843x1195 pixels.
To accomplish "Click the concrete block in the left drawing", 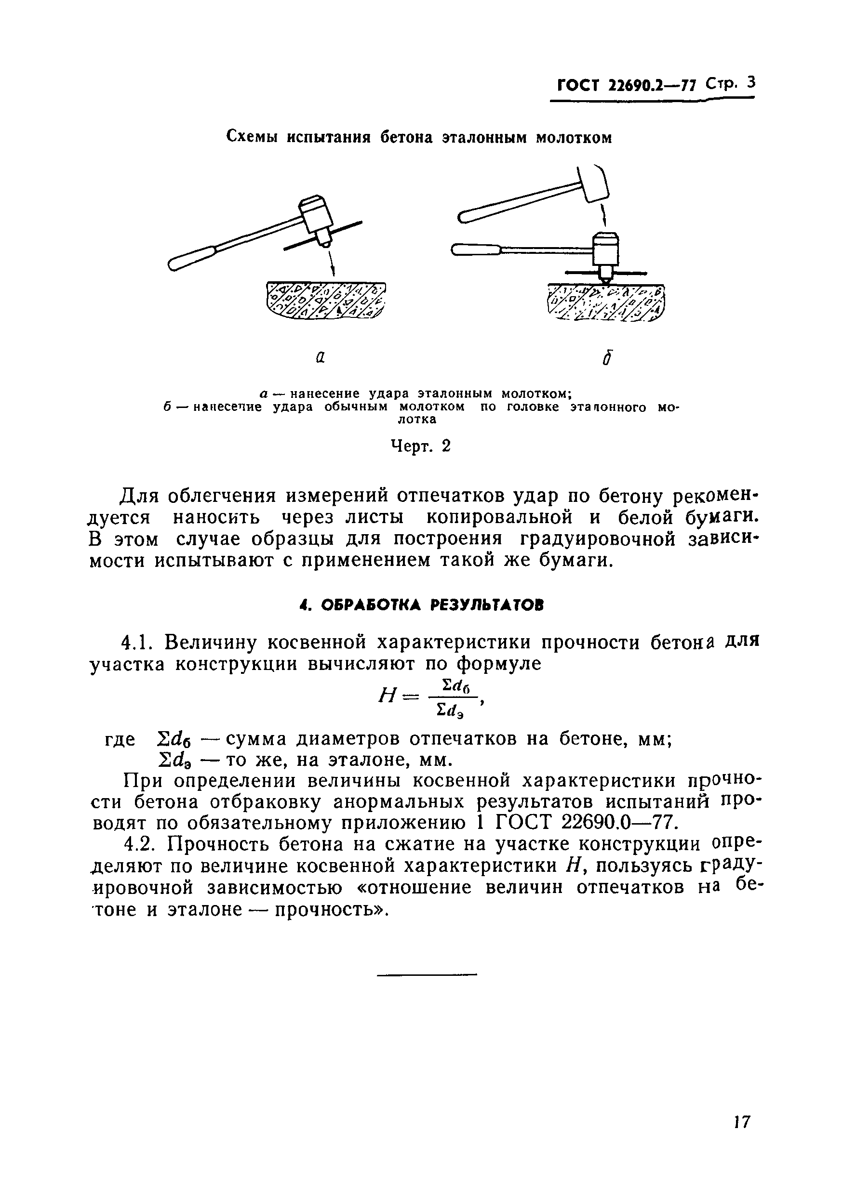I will point(326,302).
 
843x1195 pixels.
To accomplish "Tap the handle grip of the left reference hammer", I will point(188,259).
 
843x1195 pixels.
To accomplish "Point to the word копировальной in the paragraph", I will point(499,517).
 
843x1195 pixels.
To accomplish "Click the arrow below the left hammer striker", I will point(331,263).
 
